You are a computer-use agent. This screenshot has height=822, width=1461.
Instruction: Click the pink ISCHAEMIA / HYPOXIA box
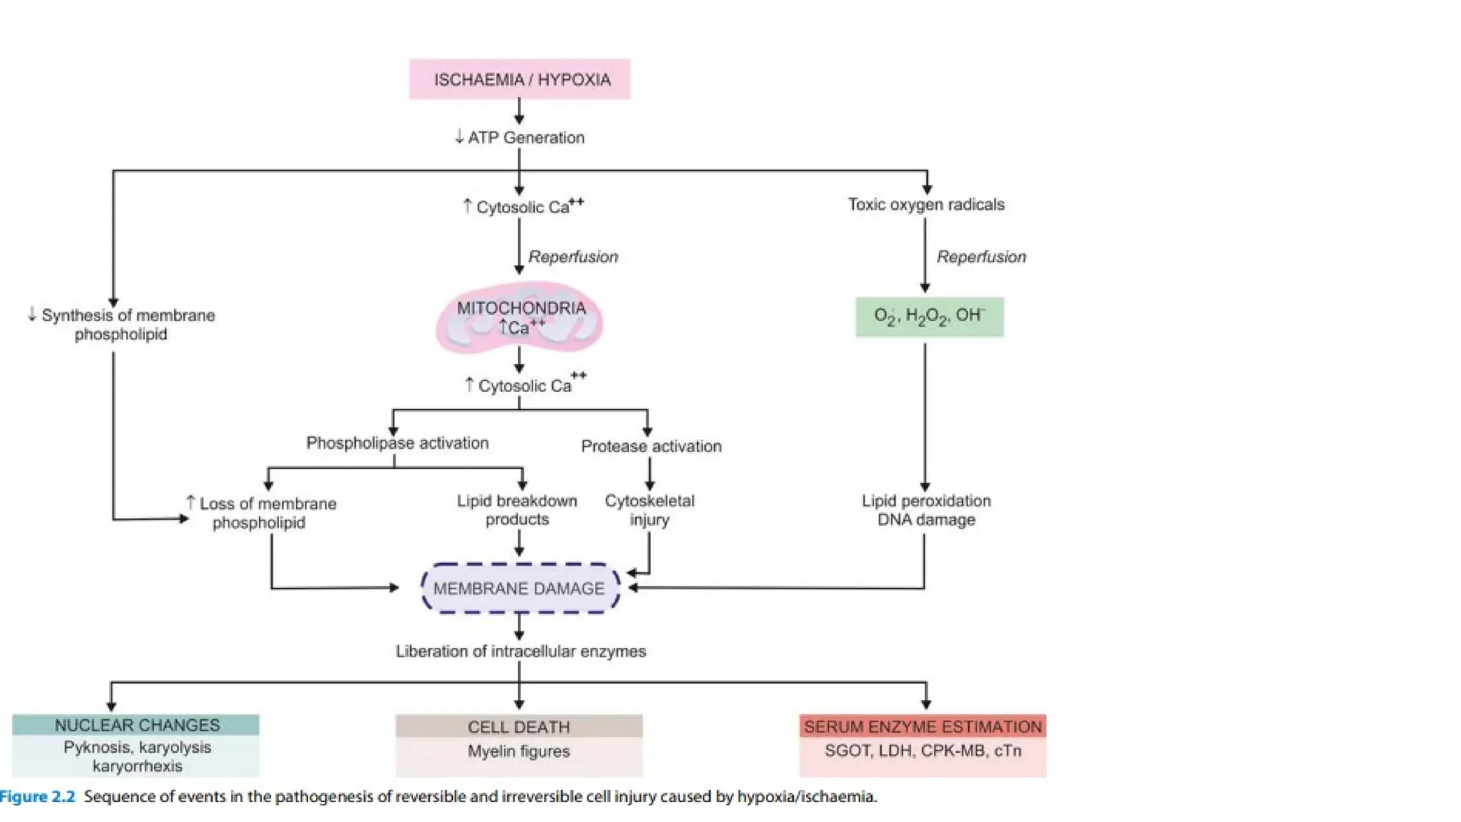(x=519, y=79)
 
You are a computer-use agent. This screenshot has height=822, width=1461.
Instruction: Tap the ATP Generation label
(x=526, y=138)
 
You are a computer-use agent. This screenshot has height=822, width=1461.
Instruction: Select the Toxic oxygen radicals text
(x=926, y=205)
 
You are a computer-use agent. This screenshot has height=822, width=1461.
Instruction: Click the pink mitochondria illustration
(x=519, y=318)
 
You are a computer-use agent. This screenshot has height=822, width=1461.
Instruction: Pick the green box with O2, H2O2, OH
(x=929, y=317)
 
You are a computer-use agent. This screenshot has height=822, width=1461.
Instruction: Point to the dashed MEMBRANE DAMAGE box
(x=519, y=589)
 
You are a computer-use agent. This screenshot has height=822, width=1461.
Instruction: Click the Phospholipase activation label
(x=397, y=443)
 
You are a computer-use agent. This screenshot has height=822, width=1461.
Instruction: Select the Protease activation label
(x=651, y=447)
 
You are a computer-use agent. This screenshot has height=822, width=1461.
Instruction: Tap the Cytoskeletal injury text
(x=649, y=510)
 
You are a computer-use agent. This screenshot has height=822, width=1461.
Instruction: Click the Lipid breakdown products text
(x=517, y=510)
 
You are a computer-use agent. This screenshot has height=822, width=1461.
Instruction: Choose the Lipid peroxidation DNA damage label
(x=926, y=510)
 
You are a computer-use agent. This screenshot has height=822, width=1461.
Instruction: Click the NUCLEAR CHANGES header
(x=137, y=726)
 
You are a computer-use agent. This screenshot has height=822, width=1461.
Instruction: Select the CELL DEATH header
(x=519, y=727)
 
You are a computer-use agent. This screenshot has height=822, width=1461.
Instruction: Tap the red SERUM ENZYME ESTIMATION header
(x=922, y=727)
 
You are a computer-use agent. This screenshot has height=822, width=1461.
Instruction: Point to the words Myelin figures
(x=519, y=751)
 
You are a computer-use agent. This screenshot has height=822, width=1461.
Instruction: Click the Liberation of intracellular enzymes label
(x=521, y=651)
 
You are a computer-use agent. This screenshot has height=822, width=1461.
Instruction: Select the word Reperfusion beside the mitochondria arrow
(x=573, y=257)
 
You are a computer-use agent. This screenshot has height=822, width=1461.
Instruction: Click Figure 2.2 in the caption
(x=37, y=797)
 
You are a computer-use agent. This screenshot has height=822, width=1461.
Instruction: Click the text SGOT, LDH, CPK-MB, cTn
(x=922, y=751)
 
